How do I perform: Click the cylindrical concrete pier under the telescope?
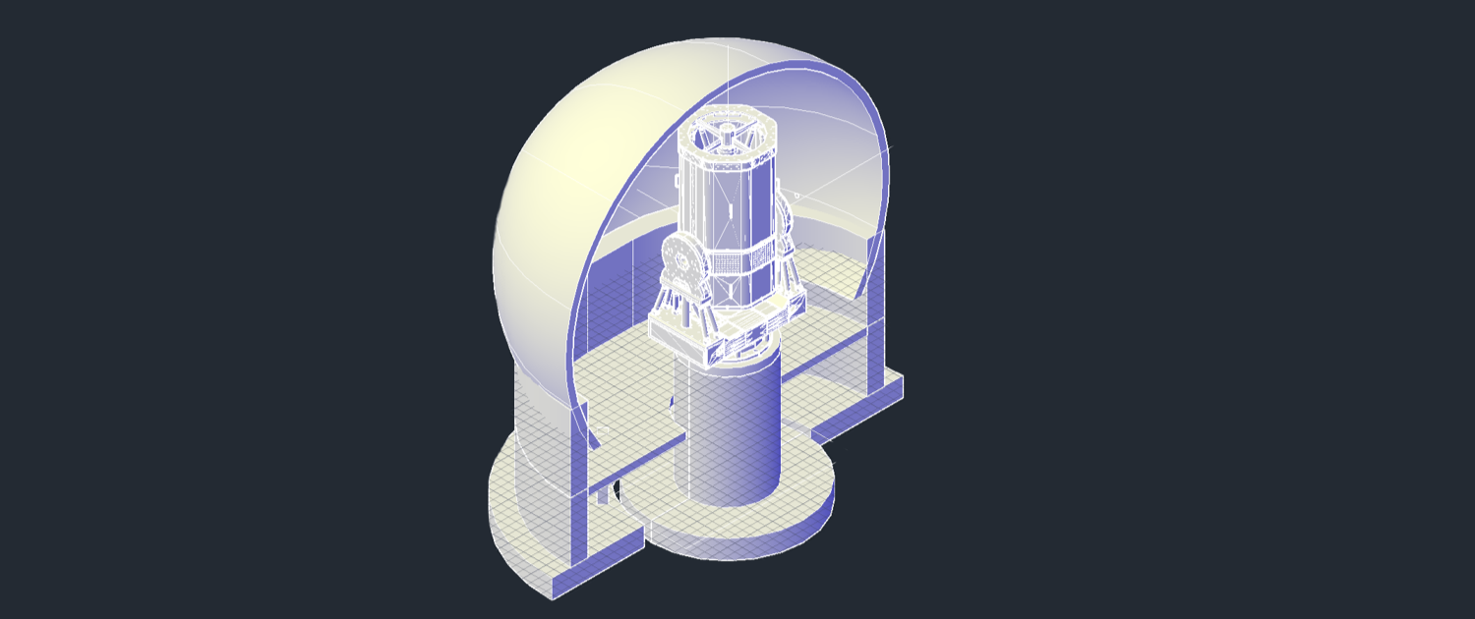733,432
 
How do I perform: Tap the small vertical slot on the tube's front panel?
732,210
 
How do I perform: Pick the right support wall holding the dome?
875,314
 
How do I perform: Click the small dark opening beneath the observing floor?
616,487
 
